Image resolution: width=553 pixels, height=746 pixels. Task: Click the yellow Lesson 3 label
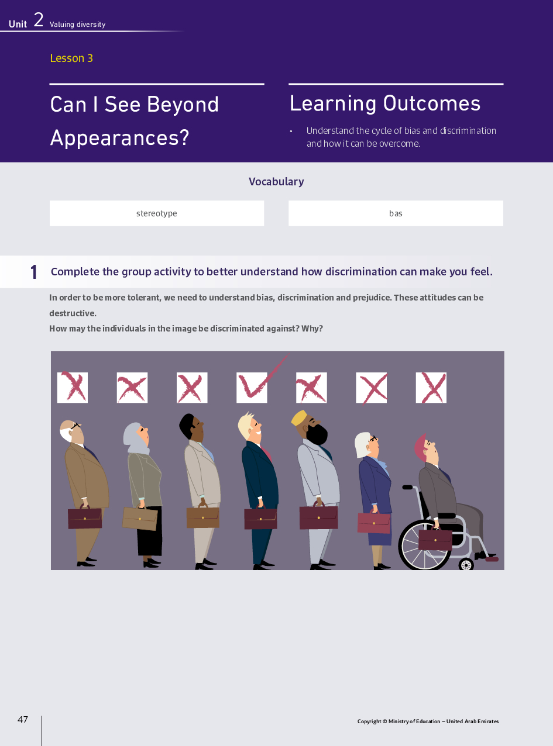[71, 58]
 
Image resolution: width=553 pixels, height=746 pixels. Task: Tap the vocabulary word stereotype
[157, 213]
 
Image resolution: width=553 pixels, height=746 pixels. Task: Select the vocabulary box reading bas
[396, 213]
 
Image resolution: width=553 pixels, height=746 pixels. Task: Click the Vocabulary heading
[276, 182]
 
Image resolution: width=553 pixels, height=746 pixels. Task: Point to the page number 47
[23, 720]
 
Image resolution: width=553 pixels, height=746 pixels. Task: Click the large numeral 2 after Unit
[39, 20]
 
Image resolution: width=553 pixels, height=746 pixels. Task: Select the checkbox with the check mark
[252, 388]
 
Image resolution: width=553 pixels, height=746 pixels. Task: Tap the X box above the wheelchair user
[431, 388]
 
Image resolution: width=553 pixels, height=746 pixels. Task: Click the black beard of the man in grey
[317, 434]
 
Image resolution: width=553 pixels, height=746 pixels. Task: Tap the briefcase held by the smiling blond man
[260, 519]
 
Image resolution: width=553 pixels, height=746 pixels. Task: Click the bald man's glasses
[75, 426]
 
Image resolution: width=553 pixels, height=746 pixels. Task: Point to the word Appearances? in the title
[119, 137]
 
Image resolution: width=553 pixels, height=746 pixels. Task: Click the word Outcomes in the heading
[432, 103]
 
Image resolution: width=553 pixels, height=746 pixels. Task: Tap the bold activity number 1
[34, 272]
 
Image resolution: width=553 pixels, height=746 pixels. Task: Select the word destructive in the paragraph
[73, 313]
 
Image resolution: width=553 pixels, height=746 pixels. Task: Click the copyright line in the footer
[428, 721]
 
